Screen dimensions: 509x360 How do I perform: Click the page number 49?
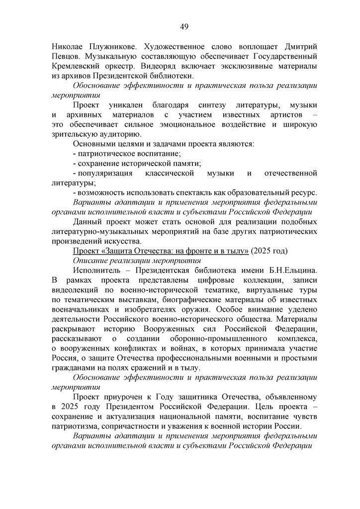[180, 26]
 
